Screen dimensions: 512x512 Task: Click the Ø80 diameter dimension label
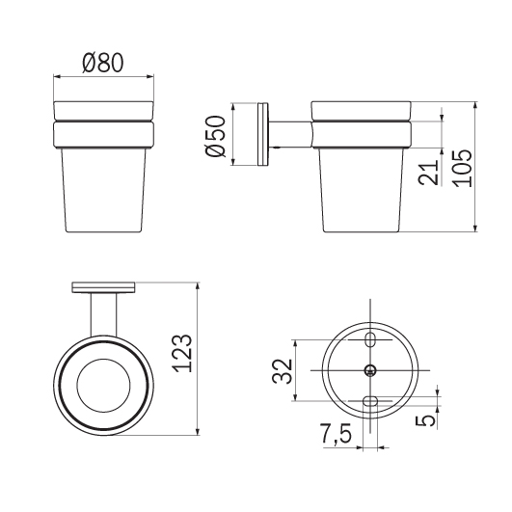click(x=103, y=63)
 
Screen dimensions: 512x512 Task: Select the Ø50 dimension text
click(x=216, y=136)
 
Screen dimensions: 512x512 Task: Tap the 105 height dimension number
click(x=463, y=168)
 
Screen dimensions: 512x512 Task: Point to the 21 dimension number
click(x=428, y=173)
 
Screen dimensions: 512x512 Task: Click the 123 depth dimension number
click(x=181, y=353)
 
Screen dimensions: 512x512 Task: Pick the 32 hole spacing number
click(x=283, y=371)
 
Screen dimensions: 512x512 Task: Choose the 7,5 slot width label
click(x=337, y=434)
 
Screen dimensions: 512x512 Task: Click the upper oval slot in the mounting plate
click(x=370, y=340)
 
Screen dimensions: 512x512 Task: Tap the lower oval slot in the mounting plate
click(x=370, y=401)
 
